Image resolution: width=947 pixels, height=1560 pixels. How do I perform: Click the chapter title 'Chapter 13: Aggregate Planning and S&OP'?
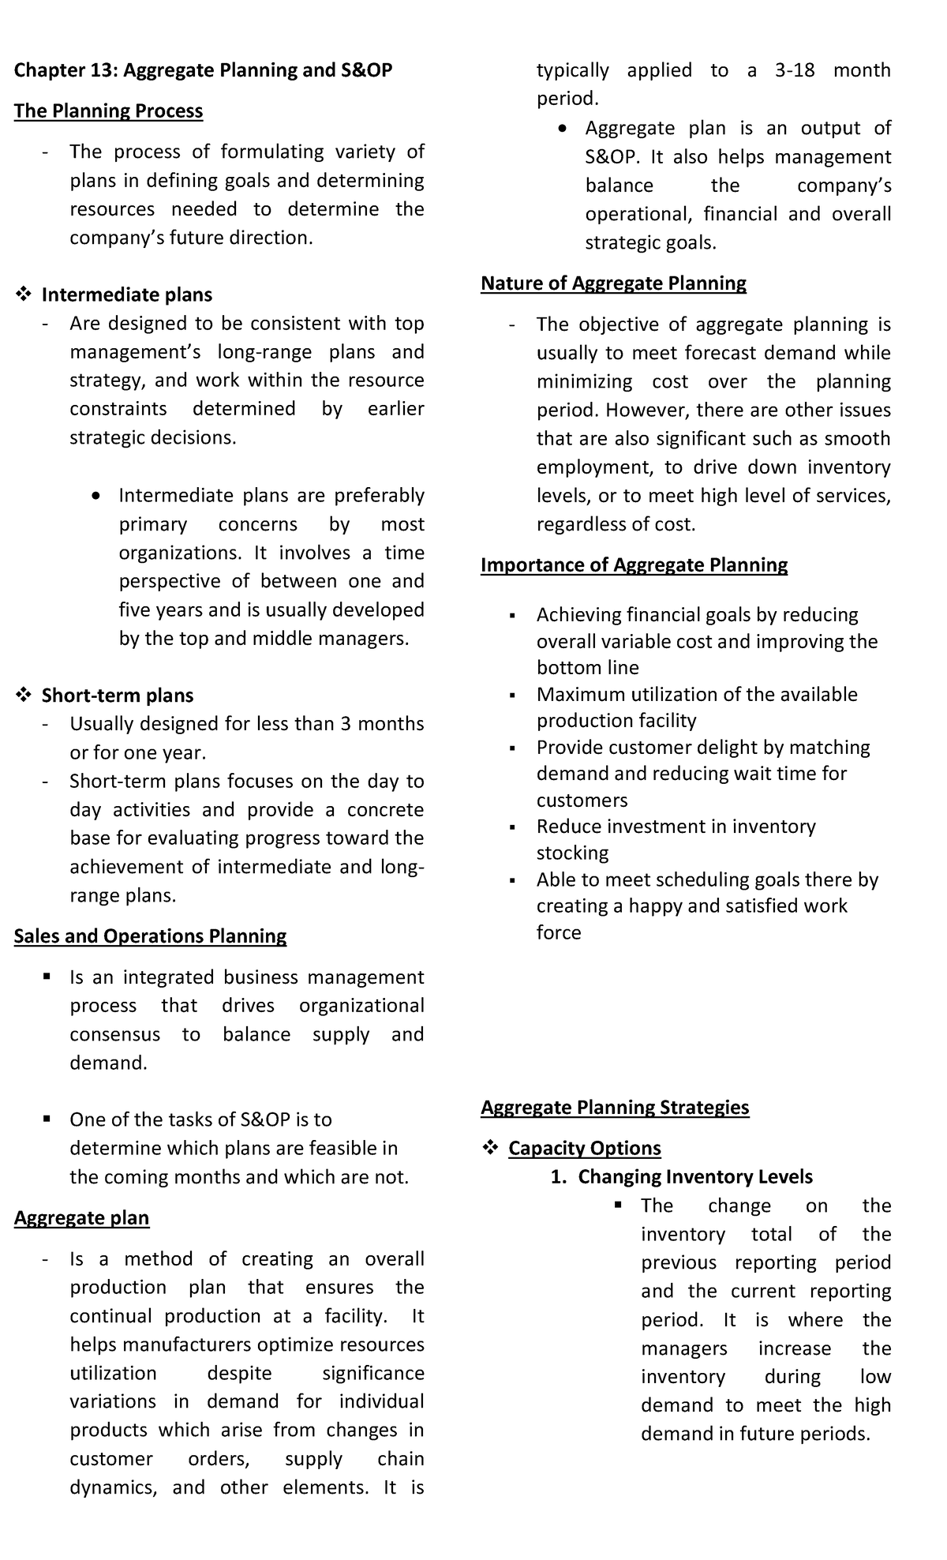(x=203, y=70)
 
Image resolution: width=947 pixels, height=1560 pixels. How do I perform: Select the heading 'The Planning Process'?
(x=108, y=111)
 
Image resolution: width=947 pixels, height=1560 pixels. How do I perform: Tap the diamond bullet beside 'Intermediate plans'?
(x=23, y=295)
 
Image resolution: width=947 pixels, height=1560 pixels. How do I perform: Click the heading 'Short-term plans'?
(x=117, y=696)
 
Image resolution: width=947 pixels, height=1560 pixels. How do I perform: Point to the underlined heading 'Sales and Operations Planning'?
(x=150, y=936)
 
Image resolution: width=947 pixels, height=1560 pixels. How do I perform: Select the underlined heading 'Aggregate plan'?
(x=81, y=1218)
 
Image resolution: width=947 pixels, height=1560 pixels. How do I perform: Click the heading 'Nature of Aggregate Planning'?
(x=613, y=283)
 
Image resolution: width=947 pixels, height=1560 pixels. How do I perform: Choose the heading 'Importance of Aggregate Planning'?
(x=634, y=565)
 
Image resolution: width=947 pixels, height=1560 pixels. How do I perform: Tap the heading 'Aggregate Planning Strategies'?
(x=615, y=1108)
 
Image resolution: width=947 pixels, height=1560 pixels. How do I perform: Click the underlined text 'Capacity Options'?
(x=585, y=1149)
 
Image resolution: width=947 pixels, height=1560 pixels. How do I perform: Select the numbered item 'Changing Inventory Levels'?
(x=694, y=1177)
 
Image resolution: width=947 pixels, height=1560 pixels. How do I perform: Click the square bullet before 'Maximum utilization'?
(x=513, y=696)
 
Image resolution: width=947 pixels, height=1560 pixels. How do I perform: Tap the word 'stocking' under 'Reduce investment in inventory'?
(x=572, y=853)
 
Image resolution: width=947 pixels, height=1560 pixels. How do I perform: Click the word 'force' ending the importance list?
(x=559, y=933)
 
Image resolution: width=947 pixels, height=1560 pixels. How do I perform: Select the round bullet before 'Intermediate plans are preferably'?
(x=95, y=497)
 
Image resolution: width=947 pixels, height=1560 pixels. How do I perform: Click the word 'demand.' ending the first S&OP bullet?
(x=108, y=1063)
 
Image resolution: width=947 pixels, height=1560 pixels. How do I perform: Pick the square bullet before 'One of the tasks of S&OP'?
(x=47, y=1119)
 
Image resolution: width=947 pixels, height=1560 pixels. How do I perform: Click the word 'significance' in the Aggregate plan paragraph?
(x=373, y=1374)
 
